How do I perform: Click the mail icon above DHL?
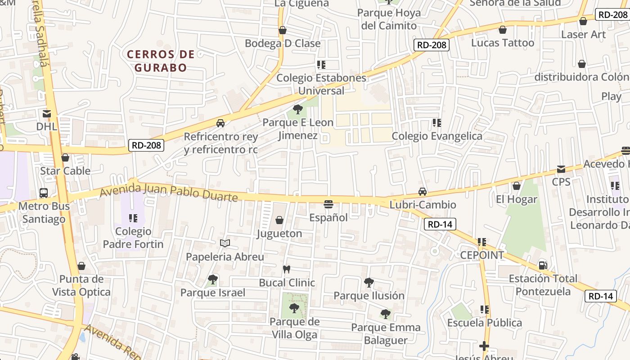point(47,114)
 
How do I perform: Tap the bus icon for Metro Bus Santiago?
point(44,193)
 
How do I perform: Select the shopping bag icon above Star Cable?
point(65,157)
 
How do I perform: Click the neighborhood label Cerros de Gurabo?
point(161,61)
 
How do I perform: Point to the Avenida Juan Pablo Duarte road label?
point(168,192)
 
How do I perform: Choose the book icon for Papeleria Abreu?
point(225,243)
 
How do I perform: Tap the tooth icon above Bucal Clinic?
point(286,269)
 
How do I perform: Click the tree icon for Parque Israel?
point(213,279)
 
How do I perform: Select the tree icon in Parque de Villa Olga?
point(294,308)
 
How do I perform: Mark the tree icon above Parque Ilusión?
point(369,283)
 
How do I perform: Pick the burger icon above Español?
point(328,204)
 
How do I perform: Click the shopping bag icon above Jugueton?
point(279,220)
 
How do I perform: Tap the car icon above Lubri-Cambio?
point(423,192)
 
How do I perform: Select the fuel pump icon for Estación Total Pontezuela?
point(543,265)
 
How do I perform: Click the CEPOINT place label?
point(482,255)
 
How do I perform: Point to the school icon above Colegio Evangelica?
point(436,123)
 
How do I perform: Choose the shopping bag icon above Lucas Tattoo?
point(503,30)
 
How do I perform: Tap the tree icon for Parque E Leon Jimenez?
point(297,109)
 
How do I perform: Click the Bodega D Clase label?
point(283,44)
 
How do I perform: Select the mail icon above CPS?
point(561,169)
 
